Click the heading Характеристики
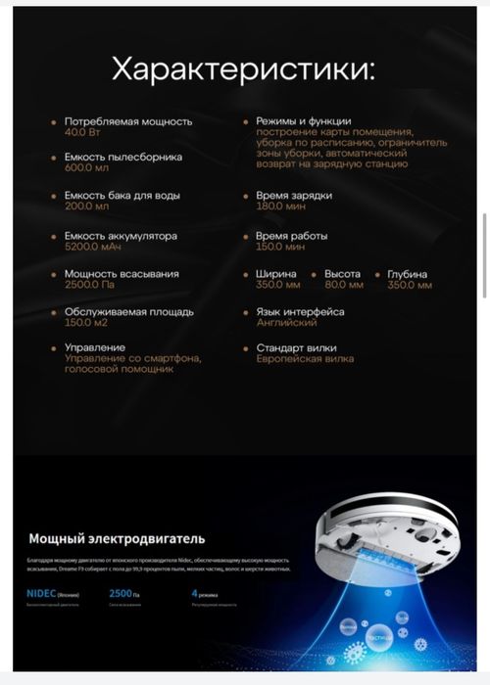point(243,69)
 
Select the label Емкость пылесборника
point(122,157)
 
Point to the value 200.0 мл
point(86,206)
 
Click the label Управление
point(95,347)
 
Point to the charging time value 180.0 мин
point(280,206)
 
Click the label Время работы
point(291,236)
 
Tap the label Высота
point(342,274)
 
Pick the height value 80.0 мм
point(344,286)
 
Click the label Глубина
point(408,274)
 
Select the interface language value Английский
point(286,322)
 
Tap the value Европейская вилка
point(304,359)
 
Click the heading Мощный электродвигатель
point(117,538)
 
